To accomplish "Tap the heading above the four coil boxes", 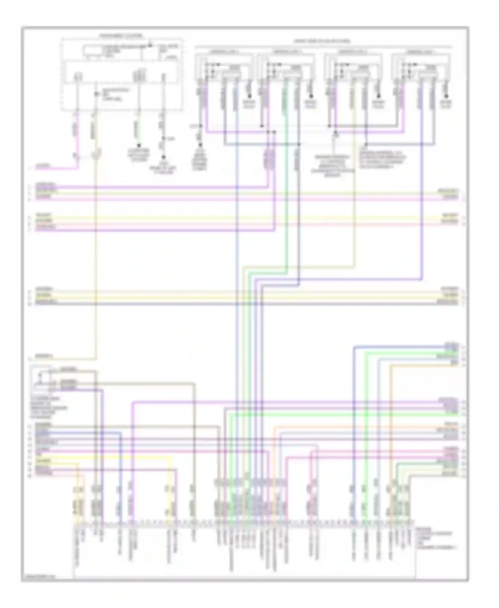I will (322, 41).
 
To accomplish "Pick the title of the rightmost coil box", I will (421, 52).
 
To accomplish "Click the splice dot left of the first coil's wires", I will (201, 126).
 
